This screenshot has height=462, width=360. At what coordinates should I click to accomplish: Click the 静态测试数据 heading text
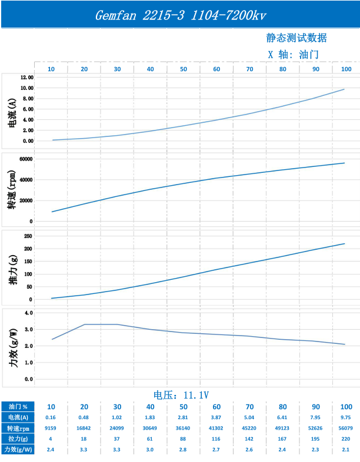[296, 38]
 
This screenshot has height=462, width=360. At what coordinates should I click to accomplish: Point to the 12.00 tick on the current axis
[27, 78]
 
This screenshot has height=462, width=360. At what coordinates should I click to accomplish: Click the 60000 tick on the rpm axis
[25, 159]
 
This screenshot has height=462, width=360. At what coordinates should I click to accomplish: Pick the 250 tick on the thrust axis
[28, 236]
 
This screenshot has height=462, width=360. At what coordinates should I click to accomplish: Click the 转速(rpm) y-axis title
[12, 189]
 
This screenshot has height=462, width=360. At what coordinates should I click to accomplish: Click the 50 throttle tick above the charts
[184, 69]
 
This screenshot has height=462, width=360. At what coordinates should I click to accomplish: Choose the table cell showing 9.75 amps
[346, 417]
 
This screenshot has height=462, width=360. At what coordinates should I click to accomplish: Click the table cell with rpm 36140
[184, 428]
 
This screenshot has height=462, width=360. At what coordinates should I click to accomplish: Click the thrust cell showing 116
[216, 438]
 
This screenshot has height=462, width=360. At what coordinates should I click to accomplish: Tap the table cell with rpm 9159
[51, 428]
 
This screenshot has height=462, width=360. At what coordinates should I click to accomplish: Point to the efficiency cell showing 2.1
[346, 449]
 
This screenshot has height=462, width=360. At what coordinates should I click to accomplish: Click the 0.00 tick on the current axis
[27, 141]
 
